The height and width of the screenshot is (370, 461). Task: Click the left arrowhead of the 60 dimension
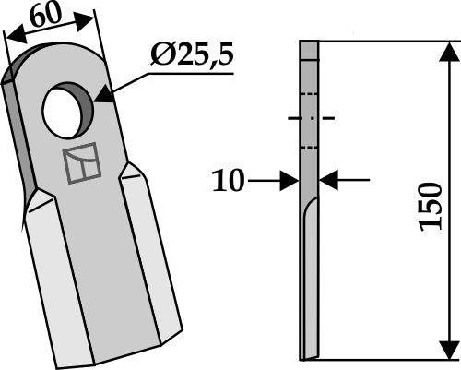9,38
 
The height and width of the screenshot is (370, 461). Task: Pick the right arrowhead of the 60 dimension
92,16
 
